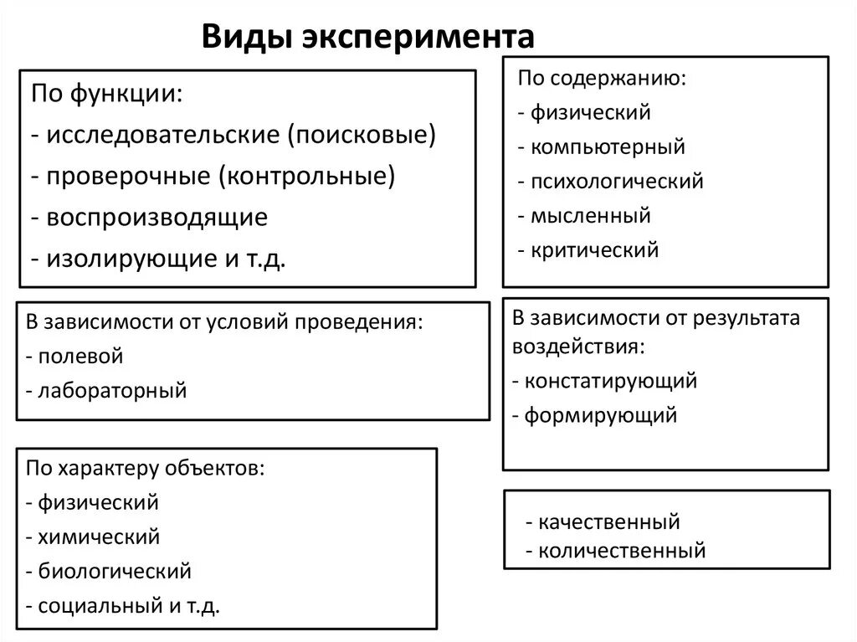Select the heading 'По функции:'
click(109, 94)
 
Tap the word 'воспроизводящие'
click(157, 218)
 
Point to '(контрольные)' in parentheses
click(308, 176)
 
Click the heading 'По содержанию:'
click(602, 79)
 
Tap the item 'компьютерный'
click(608, 147)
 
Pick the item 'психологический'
click(617, 182)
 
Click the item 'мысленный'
click(590, 216)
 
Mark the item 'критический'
click(594, 250)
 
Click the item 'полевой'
click(80, 356)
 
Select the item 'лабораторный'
click(112, 390)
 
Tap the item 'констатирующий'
click(611, 382)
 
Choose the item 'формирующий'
click(600, 415)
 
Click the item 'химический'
click(99, 537)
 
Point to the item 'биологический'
click(115, 572)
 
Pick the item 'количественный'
click(622, 551)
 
